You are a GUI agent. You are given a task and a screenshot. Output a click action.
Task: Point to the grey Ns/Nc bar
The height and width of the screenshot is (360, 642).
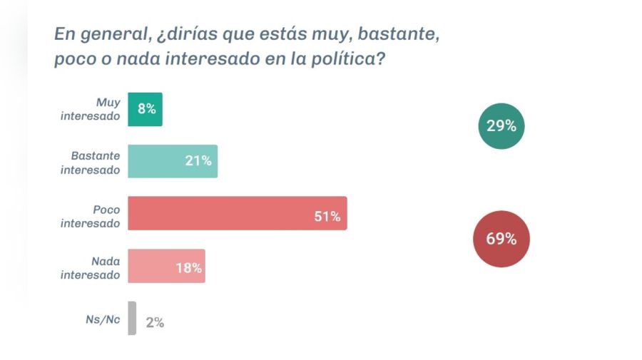[x=132, y=318]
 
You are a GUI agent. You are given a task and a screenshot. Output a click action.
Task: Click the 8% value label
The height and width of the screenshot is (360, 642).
[x=147, y=109]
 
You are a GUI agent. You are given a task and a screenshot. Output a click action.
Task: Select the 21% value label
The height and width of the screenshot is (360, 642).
[x=198, y=161]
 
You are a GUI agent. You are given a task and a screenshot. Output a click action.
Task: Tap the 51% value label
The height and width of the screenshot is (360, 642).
[x=327, y=216]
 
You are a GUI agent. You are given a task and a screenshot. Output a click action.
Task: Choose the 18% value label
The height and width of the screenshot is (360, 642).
[x=189, y=268]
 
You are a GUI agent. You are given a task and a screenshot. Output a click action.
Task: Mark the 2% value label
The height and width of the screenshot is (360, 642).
[x=155, y=322]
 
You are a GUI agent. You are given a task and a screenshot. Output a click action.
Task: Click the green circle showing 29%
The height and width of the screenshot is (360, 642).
[x=501, y=126]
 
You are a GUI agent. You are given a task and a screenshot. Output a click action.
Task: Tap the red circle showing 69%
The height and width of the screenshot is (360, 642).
[x=501, y=239]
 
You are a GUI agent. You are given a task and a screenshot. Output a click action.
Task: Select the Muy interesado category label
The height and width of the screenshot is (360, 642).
[x=91, y=109]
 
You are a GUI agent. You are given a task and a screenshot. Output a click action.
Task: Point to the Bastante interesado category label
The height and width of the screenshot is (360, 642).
[x=91, y=162]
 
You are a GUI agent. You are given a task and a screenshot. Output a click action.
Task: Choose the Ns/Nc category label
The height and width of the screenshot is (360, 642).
[x=103, y=319]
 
